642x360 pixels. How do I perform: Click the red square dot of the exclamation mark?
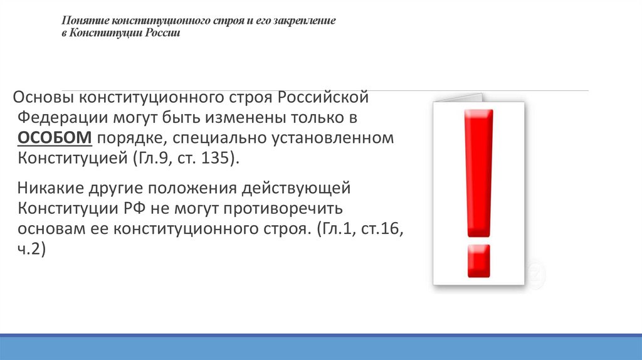pos(478,260)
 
